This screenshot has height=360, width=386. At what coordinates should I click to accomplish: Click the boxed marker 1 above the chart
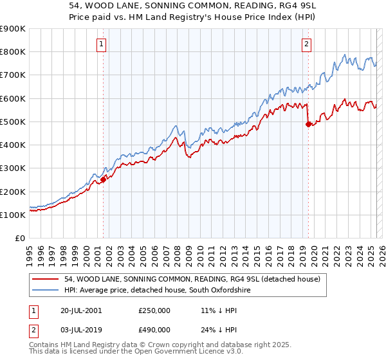tap(102, 44)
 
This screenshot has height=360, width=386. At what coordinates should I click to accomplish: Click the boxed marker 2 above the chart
tap(306, 44)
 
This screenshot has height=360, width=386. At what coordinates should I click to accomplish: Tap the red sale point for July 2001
tap(103, 180)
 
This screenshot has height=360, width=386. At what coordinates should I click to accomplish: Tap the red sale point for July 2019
tap(308, 124)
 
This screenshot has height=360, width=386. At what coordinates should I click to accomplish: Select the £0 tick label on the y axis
tap(19, 239)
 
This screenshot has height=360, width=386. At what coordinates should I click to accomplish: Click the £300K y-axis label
tap(13, 168)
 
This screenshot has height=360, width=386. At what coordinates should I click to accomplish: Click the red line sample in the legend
tap(46, 279)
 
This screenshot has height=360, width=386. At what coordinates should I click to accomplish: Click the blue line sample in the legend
tap(46, 291)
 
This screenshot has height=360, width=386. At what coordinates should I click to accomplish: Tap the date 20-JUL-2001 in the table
tap(80, 310)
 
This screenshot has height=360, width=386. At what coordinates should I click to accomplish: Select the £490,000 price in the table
tap(154, 329)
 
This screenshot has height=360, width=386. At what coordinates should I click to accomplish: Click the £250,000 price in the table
tap(154, 310)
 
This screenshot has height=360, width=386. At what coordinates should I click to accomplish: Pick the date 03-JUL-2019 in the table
tap(80, 329)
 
